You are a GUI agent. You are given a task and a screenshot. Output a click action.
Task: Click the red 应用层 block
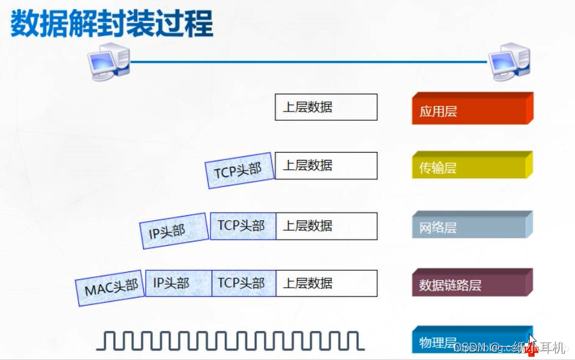[471, 110]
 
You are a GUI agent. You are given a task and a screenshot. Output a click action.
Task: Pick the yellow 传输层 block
[471, 167]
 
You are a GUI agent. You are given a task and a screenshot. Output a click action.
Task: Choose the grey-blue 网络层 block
[471, 226]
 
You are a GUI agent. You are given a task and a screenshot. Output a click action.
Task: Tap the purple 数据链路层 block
[471, 284]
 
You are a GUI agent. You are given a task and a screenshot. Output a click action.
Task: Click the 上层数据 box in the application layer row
[326, 107]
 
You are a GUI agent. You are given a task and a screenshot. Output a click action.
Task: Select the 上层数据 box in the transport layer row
[326, 166]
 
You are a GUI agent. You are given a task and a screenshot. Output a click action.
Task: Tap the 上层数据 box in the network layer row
[326, 226]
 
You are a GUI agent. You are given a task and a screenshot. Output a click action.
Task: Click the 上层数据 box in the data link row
[326, 284]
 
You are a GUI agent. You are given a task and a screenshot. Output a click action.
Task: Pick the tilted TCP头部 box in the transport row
[239, 169]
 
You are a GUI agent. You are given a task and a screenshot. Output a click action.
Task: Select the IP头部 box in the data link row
[178, 284]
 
